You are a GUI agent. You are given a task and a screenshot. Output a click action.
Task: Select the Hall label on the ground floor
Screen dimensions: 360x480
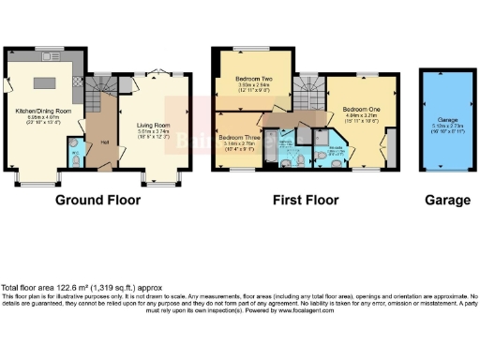pyautogui.click(x=104, y=142)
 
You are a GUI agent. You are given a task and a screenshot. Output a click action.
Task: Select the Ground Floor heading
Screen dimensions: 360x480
pyautogui.click(x=97, y=200)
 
